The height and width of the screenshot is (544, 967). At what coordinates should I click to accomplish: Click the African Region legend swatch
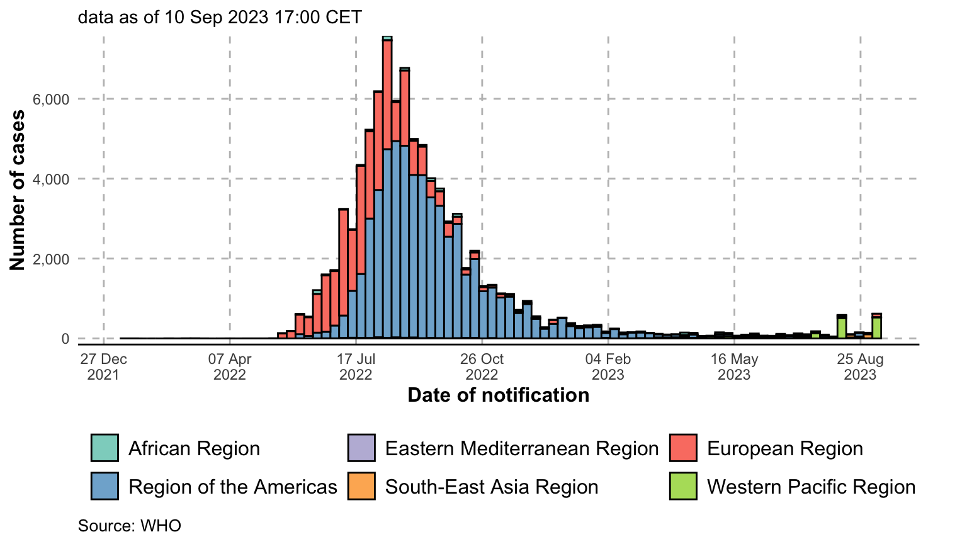(x=105, y=448)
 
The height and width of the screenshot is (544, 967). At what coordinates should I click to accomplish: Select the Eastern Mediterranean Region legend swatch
(x=361, y=448)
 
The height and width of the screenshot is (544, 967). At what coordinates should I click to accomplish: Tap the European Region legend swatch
(x=683, y=448)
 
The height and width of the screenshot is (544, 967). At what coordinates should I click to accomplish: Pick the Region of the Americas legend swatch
(x=105, y=486)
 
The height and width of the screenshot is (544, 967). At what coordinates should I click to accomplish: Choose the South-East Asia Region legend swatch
(x=361, y=486)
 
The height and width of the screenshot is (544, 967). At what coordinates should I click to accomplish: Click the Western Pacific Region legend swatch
(x=683, y=486)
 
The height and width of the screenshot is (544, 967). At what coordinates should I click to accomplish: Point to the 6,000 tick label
(x=51, y=99)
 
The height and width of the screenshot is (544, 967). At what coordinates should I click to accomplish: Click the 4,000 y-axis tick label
(x=51, y=179)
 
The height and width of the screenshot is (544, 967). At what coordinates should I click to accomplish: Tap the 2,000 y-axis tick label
(x=51, y=259)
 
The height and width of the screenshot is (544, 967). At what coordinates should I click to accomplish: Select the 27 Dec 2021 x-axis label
(x=104, y=366)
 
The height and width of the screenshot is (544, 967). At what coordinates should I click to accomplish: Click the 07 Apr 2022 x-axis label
(x=230, y=366)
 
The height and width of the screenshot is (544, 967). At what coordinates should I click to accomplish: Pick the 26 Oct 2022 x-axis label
(x=482, y=366)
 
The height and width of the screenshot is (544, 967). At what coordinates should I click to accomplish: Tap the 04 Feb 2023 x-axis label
(x=608, y=366)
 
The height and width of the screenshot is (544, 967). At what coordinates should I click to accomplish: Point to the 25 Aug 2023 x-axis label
(x=861, y=366)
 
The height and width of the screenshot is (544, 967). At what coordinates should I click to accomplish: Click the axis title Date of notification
(x=499, y=395)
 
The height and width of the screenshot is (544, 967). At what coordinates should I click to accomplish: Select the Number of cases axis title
(x=17, y=190)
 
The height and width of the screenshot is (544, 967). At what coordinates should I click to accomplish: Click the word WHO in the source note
(x=161, y=526)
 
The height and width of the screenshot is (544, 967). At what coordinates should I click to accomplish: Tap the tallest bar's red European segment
(x=387, y=95)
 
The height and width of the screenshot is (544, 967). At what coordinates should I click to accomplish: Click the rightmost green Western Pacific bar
(x=876, y=328)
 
